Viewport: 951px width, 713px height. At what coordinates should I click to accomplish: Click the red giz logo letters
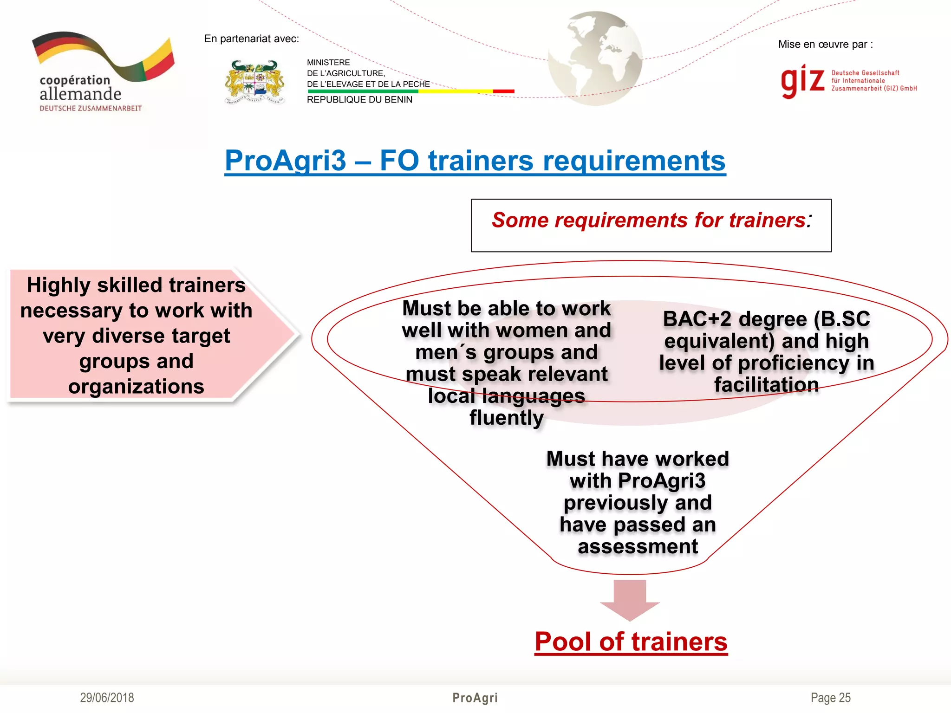[802, 81]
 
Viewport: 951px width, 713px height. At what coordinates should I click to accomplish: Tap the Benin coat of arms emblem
[254, 82]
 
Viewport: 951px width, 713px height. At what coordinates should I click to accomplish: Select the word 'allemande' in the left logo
[80, 94]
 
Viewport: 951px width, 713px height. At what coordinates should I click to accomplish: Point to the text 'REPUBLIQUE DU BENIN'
[359, 100]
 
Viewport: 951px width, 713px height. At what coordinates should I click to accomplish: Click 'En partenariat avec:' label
[251, 39]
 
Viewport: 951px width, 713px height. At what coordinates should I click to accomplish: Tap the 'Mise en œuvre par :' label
[825, 45]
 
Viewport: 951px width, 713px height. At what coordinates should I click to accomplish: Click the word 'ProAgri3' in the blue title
[286, 161]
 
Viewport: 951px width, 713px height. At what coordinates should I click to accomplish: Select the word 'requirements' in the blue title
[634, 161]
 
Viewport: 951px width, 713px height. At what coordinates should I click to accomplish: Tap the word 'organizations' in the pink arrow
[136, 386]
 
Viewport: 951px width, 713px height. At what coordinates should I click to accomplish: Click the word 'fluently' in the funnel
[506, 418]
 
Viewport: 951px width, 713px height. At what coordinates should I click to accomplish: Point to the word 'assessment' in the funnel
[638, 546]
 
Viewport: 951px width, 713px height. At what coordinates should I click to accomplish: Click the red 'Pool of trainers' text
[631, 642]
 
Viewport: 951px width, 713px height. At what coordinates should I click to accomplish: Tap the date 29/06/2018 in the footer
[107, 698]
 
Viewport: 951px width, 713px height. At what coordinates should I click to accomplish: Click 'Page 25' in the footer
[830, 698]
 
